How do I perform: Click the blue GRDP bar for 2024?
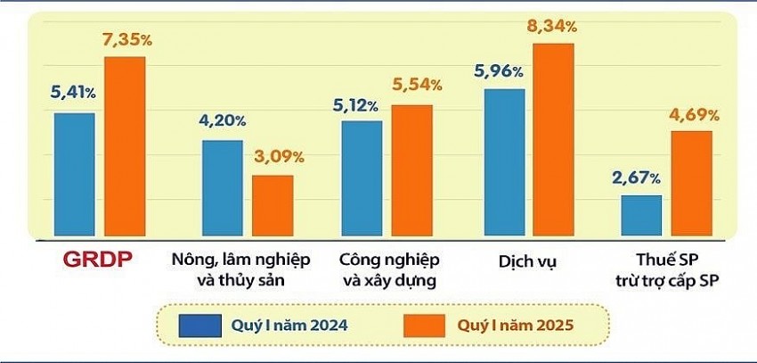(74, 175)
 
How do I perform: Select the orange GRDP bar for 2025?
(125, 147)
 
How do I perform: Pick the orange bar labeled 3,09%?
(273, 207)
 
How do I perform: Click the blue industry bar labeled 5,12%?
(362, 179)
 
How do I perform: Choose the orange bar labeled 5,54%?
(412, 171)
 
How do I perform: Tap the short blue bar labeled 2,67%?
(641, 217)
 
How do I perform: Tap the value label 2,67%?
(636, 178)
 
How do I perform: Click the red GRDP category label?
(97, 260)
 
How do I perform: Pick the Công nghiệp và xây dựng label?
(389, 270)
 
